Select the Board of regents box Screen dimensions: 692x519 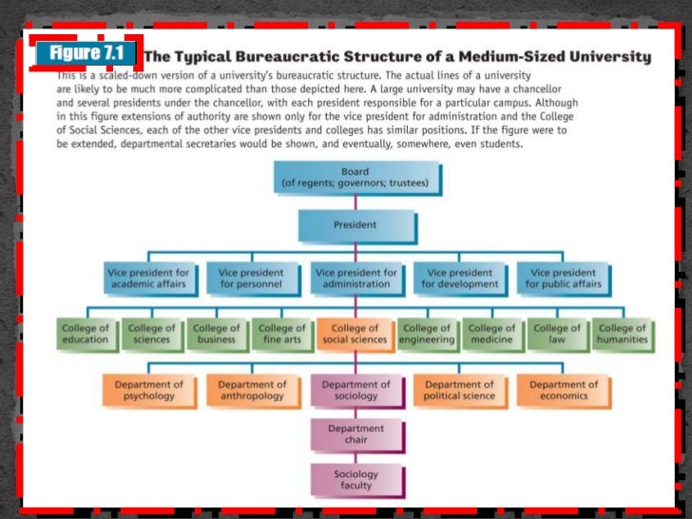point(355,178)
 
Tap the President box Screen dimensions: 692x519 point(355,226)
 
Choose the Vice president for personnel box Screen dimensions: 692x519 point(251,279)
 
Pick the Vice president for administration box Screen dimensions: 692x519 point(356,279)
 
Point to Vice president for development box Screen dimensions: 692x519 point(460,279)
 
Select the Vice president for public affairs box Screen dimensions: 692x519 point(564,279)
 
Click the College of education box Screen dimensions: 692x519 point(86,335)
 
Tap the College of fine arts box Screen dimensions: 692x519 point(282,335)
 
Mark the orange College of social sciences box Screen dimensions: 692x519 point(355,335)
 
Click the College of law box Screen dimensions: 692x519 point(556,335)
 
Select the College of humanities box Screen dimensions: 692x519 point(622,335)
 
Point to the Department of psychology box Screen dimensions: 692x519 point(148,391)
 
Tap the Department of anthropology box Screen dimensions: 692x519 point(252,391)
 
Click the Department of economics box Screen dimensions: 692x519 point(564,391)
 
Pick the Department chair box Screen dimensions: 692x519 point(356,434)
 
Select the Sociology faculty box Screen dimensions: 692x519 point(356,480)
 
